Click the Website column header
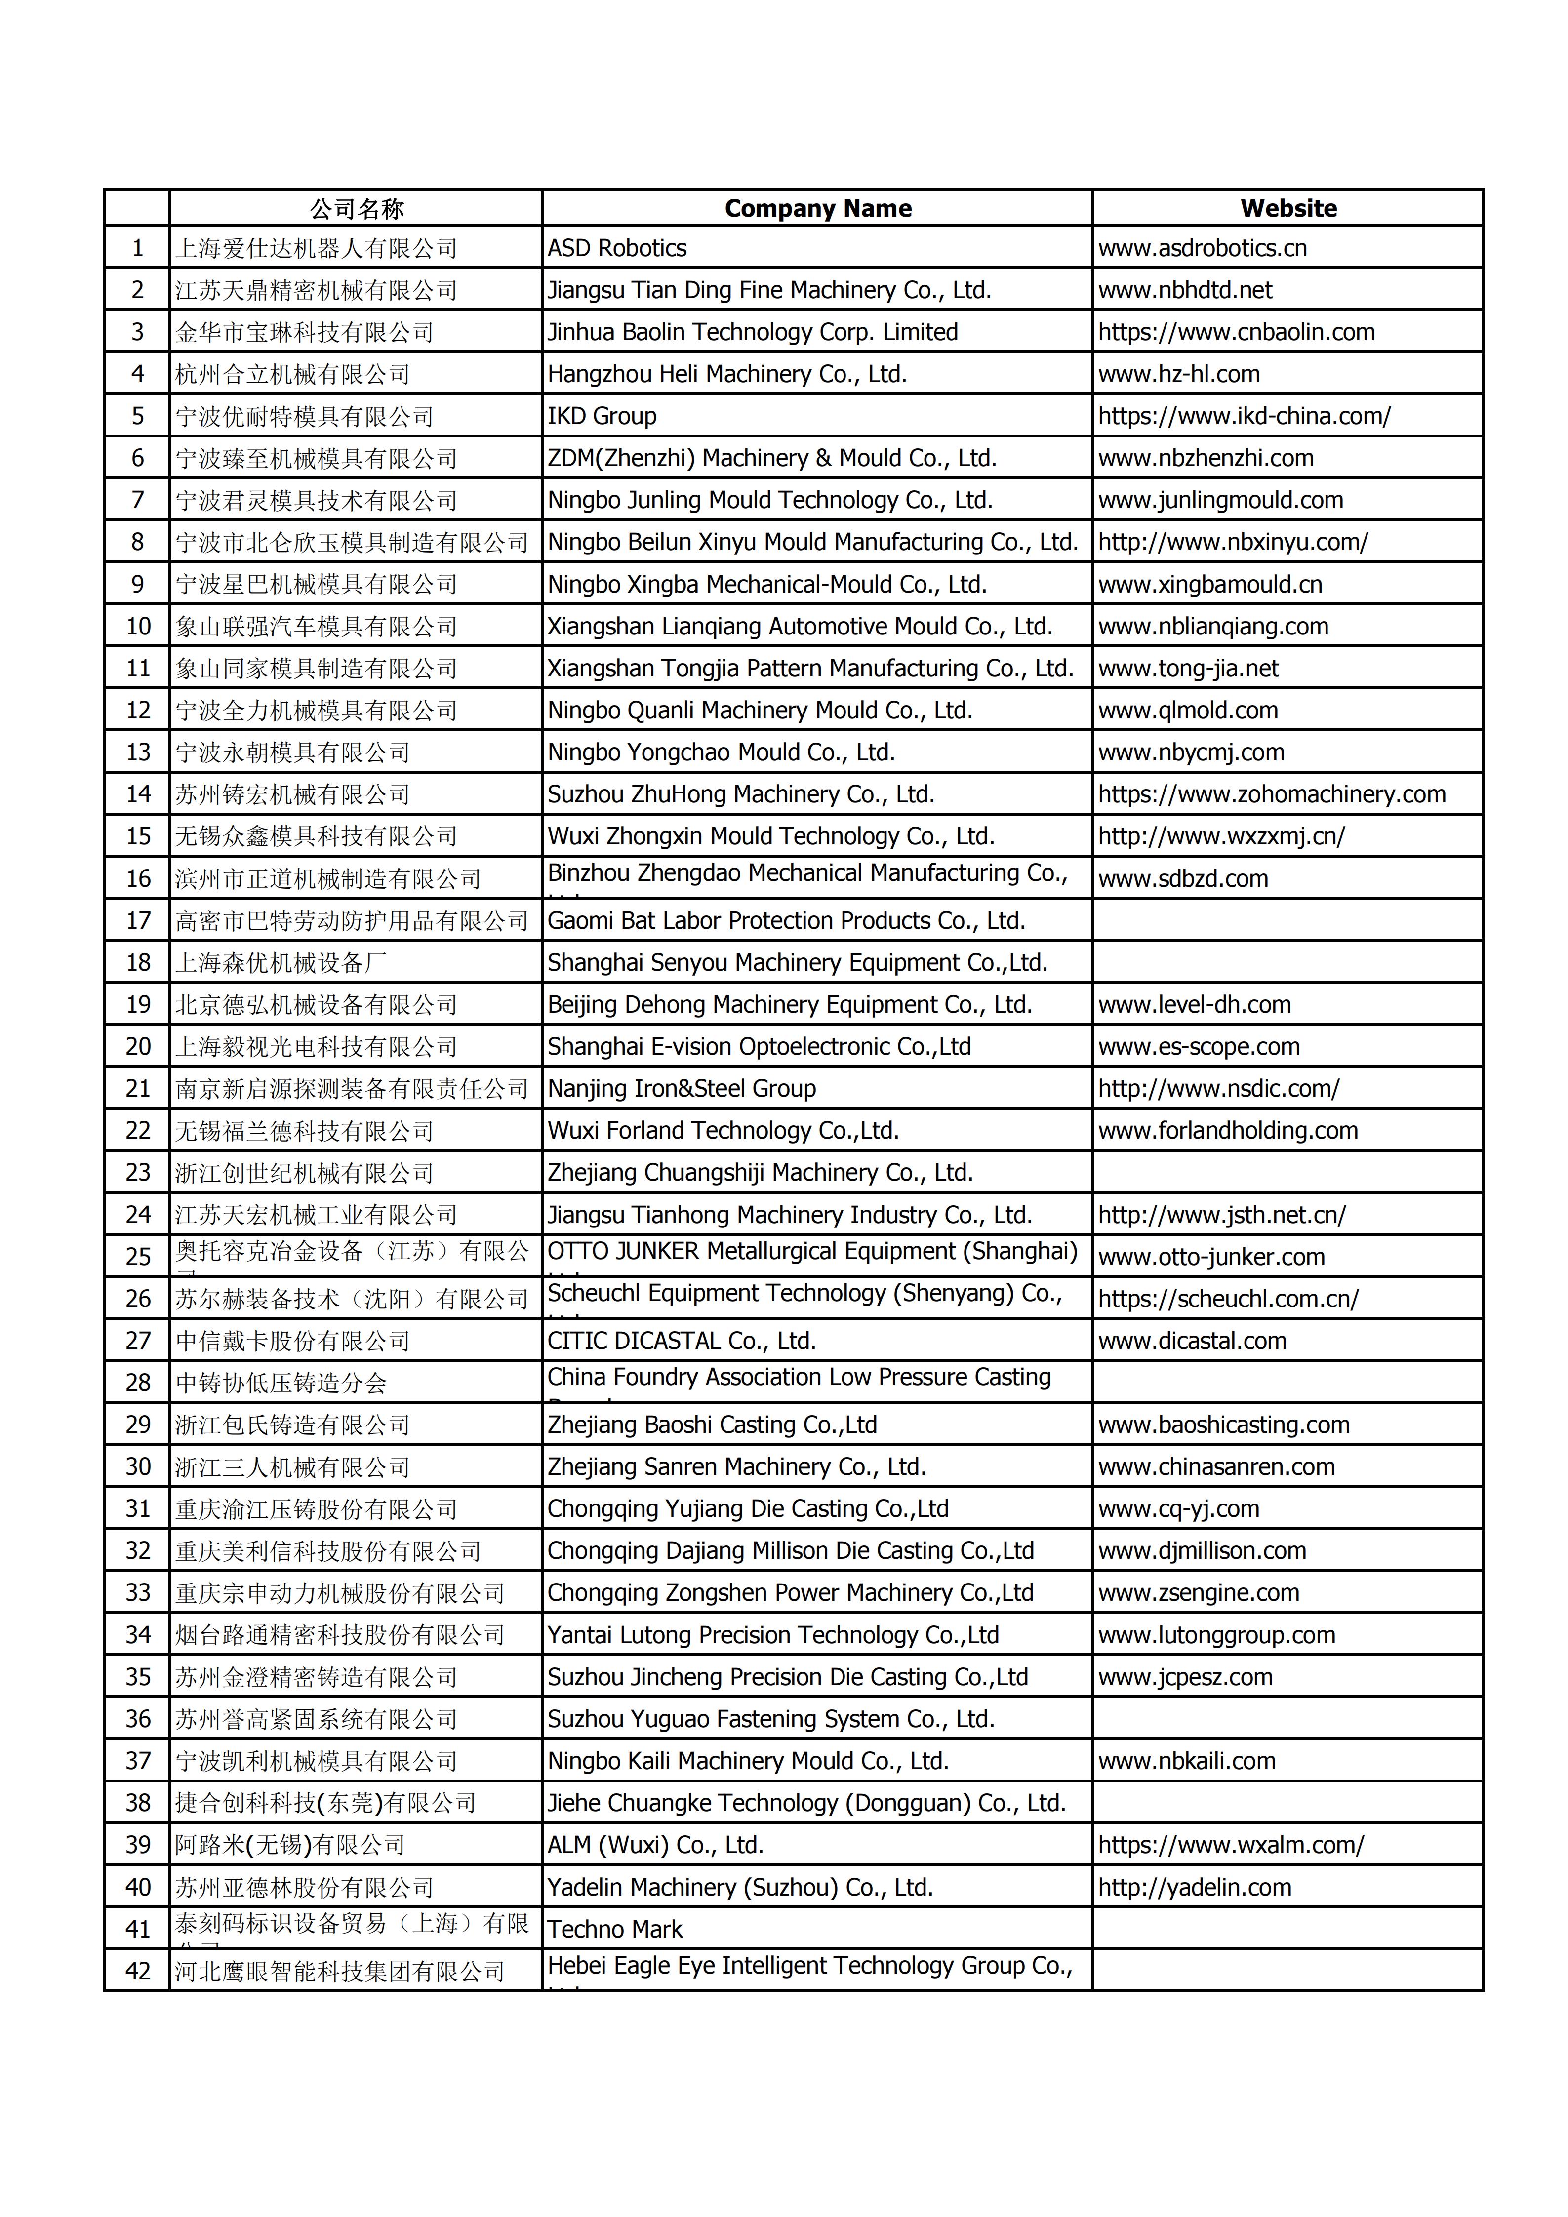click(x=1288, y=208)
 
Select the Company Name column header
click(x=818, y=208)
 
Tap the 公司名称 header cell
click(x=356, y=208)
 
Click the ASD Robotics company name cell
click(x=617, y=248)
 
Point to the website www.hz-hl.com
click(x=1179, y=374)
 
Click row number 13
click(x=138, y=752)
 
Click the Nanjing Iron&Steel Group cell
click(x=682, y=1088)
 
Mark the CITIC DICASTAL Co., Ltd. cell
click(x=682, y=1340)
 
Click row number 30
click(x=138, y=1467)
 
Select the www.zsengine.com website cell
click(x=1198, y=1592)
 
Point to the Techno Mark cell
click(x=615, y=1929)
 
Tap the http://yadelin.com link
click(x=1194, y=1887)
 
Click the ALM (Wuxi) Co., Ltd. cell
click(x=655, y=1845)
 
